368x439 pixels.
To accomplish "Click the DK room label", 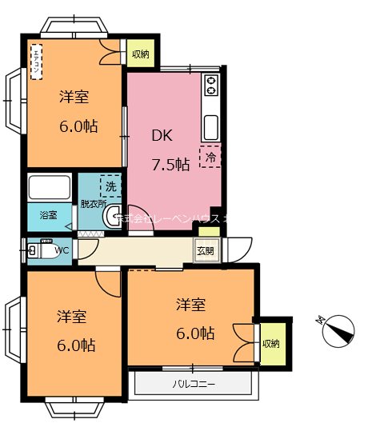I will [163, 135].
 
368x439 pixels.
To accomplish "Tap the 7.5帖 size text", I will [170, 164].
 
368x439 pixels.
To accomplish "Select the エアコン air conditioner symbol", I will [36, 63].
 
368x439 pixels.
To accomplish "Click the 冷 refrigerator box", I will [210, 157].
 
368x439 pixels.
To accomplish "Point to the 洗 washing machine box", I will [111, 186].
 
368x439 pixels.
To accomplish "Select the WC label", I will [62, 250].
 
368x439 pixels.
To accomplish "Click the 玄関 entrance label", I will [206, 250].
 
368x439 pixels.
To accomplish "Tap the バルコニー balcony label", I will [194, 384].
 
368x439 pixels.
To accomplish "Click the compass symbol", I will [338, 329].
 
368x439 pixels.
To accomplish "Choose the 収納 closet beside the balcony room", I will [270, 343].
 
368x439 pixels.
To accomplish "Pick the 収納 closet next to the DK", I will [140, 54].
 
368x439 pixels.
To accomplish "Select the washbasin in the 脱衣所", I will [111, 218].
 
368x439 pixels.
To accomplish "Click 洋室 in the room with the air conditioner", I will [74, 98].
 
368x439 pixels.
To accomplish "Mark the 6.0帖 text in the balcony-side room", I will [195, 332].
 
